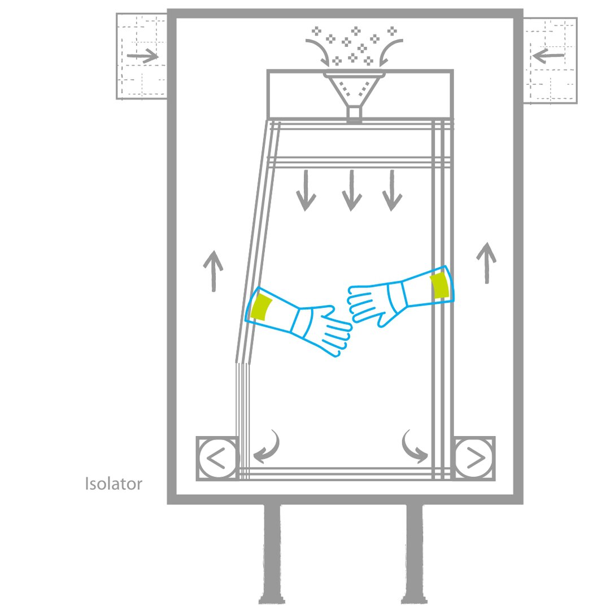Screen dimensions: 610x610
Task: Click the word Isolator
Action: click(x=114, y=484)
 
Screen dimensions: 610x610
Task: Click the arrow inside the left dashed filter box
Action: click(x=142, y=56)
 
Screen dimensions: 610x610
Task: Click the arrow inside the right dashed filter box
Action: click(x=548, y=55)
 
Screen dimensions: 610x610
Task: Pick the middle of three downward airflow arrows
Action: click(x=352, y=190)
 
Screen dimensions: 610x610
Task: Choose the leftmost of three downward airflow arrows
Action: click(x=306, y=190)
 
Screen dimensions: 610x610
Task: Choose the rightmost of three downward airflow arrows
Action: click(x=392, y=190)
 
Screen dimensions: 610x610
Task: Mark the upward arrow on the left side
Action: click(x=213, y=271)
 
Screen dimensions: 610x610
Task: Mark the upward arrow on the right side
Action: click(x=486, y=263)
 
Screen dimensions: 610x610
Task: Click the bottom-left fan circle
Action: click(x=217, y=458)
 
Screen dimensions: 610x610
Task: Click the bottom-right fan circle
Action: click(x=473, y=458)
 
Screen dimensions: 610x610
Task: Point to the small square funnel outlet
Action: click(x=354, y=112)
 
